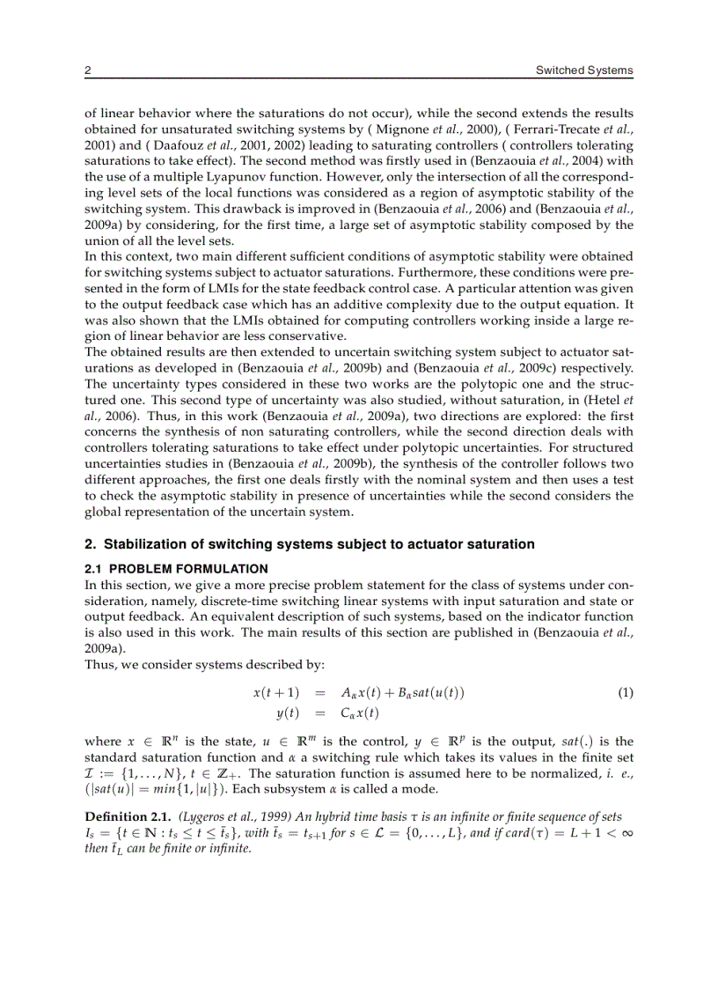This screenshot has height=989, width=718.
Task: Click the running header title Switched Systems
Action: coord(584,70)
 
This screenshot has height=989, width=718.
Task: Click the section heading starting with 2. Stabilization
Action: coord(309,544)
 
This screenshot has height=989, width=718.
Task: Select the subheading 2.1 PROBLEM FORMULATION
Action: coord(176,569)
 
